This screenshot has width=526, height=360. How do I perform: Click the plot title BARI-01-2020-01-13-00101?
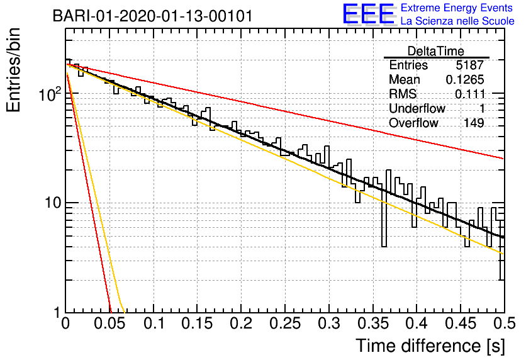pyautogui.click(x=153, y=16)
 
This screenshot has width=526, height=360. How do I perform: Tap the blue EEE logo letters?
pyautogui.click(x=368, y=14)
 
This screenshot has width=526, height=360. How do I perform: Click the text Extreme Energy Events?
pyautogui.click(x=457, y=8)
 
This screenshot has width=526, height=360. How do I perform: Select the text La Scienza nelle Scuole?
pyautogui.click(x=457, y=21)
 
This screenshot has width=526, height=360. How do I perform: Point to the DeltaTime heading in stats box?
pyautogui.click(x=436, y=51)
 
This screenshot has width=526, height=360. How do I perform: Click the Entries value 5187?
pyautogui.click(x=469, y=65)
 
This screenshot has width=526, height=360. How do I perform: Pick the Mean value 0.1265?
pyautogui.click(x=465, y=79)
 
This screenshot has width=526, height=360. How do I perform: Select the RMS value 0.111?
pyautogui.click(x=469, y=94)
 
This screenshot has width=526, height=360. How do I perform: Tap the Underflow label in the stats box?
pyautogui.click(x=417, y=108)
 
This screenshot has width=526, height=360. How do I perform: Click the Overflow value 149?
pyautogui.click(x=474, y=123)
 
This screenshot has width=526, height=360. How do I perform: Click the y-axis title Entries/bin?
pyautogui.click(x=13, y=70)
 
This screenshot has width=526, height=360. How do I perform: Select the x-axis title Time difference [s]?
pyautogui.click(x=430, y=346)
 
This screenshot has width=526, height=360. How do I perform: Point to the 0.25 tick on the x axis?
pyautogui.click(x=285, y=323)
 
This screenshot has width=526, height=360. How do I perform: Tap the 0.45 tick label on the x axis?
pyautogui.click(x=461, y=323)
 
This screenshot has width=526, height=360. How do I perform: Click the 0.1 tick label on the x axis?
pyautogui.click(x=154, y=323)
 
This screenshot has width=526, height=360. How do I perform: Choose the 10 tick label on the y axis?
pyautogui.click(x=53, y=203)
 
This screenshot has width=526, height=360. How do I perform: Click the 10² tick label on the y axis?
pyautogui.click(x=50, y=94)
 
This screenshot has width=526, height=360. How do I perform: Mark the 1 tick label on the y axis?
pyautogui.click(x=57, y=313)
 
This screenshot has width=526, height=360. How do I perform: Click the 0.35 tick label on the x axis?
pyautogui.click(x=373, y=323)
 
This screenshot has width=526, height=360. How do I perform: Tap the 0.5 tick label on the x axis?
pyautogui.click(x=505, y=323)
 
